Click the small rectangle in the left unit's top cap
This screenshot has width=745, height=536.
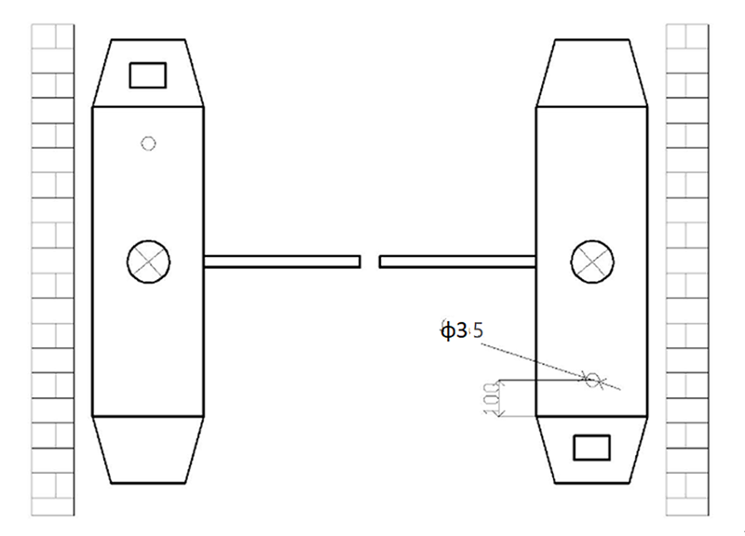point(147,74)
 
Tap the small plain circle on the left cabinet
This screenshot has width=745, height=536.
point(147,142)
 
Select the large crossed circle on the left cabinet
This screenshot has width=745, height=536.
point(148,260)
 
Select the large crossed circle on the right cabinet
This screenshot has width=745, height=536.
point(592,260)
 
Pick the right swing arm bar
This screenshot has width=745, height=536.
point(457,261)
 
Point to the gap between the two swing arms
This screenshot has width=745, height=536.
point(370,261)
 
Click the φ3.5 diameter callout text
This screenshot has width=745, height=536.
point(462,330)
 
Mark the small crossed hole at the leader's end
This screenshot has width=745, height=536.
point(592,379)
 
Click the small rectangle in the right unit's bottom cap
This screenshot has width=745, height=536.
point(591,448)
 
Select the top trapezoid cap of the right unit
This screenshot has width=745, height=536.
point(592,73)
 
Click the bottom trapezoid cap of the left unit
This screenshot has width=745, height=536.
point(147,449)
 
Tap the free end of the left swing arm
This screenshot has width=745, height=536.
point(358,261)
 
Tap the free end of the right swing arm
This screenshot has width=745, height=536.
point(382,261)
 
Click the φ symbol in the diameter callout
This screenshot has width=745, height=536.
point(447,330)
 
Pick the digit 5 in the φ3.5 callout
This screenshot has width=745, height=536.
point(479,330)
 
